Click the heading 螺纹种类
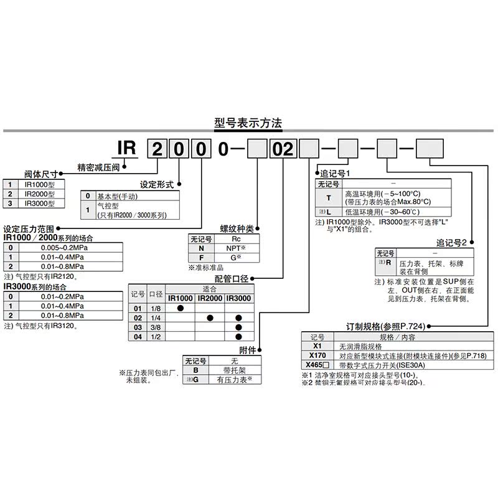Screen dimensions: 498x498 click(x=238, y=228)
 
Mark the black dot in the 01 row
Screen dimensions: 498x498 click(x=180, y=308)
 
